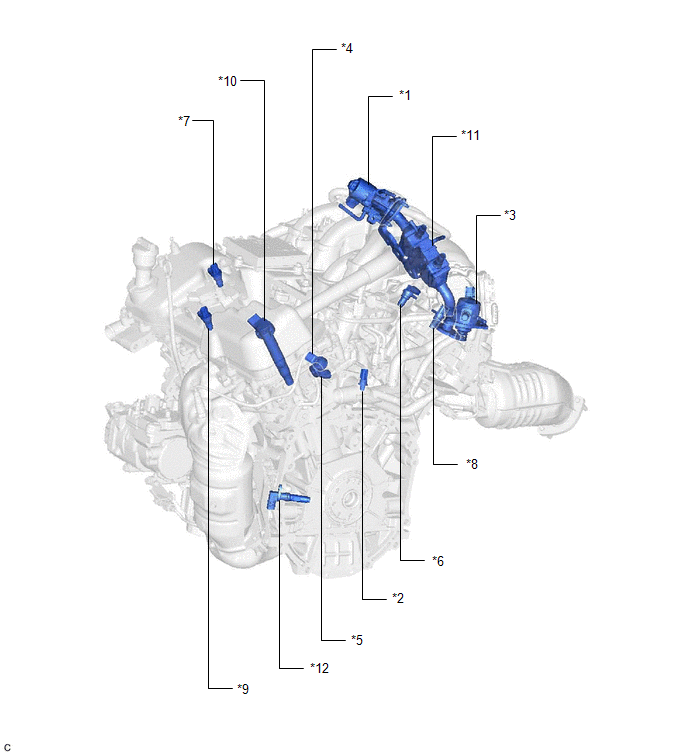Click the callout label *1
point(405,95)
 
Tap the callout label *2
point(398,598)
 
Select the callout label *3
point(510,215)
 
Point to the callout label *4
point(347,48)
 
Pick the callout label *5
point(357,640)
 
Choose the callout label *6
point(438,561)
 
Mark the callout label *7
point(184,120)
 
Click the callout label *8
point(472,464)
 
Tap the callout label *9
point(243,689)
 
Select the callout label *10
point(228,81)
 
